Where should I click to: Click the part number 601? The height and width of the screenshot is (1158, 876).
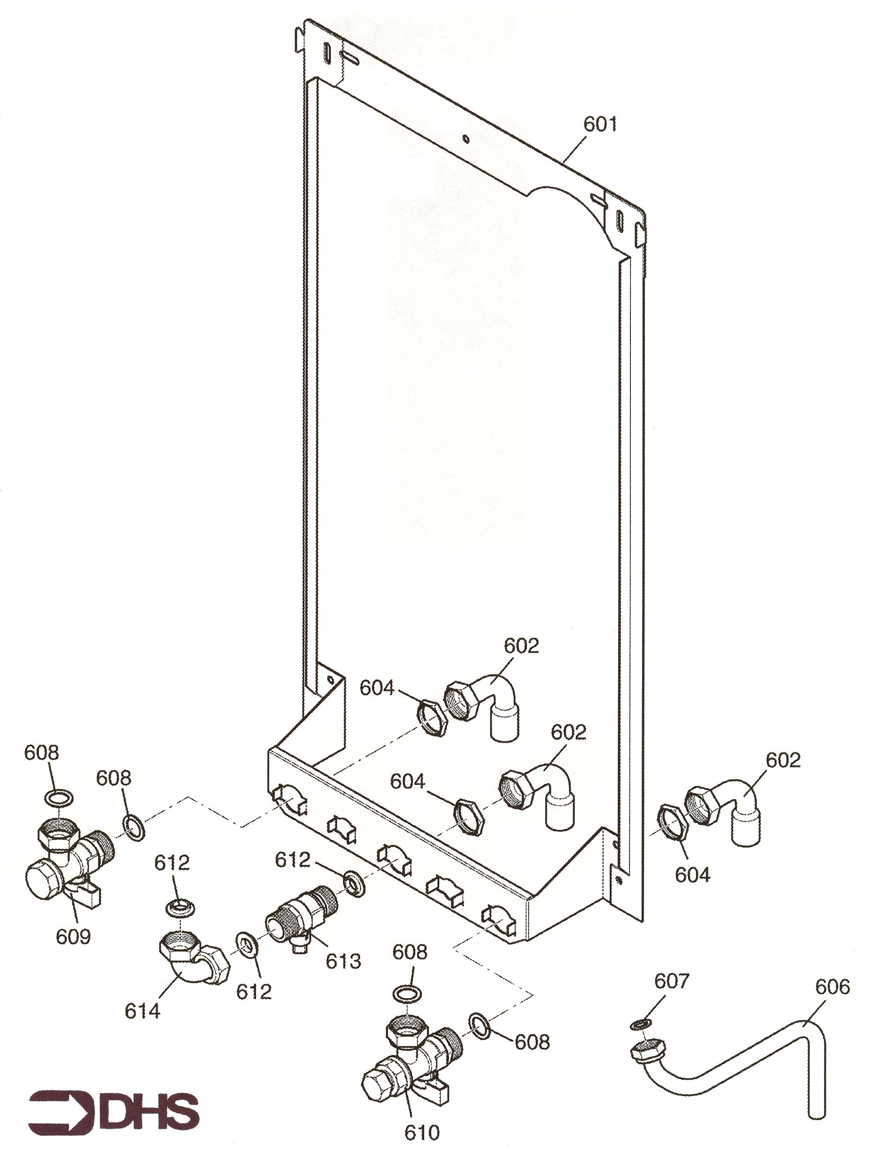tap(600, 125)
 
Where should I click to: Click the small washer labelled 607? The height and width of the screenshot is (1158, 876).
tap(641, 1024)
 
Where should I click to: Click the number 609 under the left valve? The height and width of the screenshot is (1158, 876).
tap(73, 936)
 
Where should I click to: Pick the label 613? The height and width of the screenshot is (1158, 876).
tap(343, 961)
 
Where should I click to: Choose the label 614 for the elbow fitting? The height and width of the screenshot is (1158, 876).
tap(142, 1011)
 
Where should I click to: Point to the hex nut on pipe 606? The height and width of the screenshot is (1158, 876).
tap(648, 1048)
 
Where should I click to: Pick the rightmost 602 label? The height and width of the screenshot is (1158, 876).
tap(783, 760)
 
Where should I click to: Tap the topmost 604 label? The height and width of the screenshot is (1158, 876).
tap(377, 688)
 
